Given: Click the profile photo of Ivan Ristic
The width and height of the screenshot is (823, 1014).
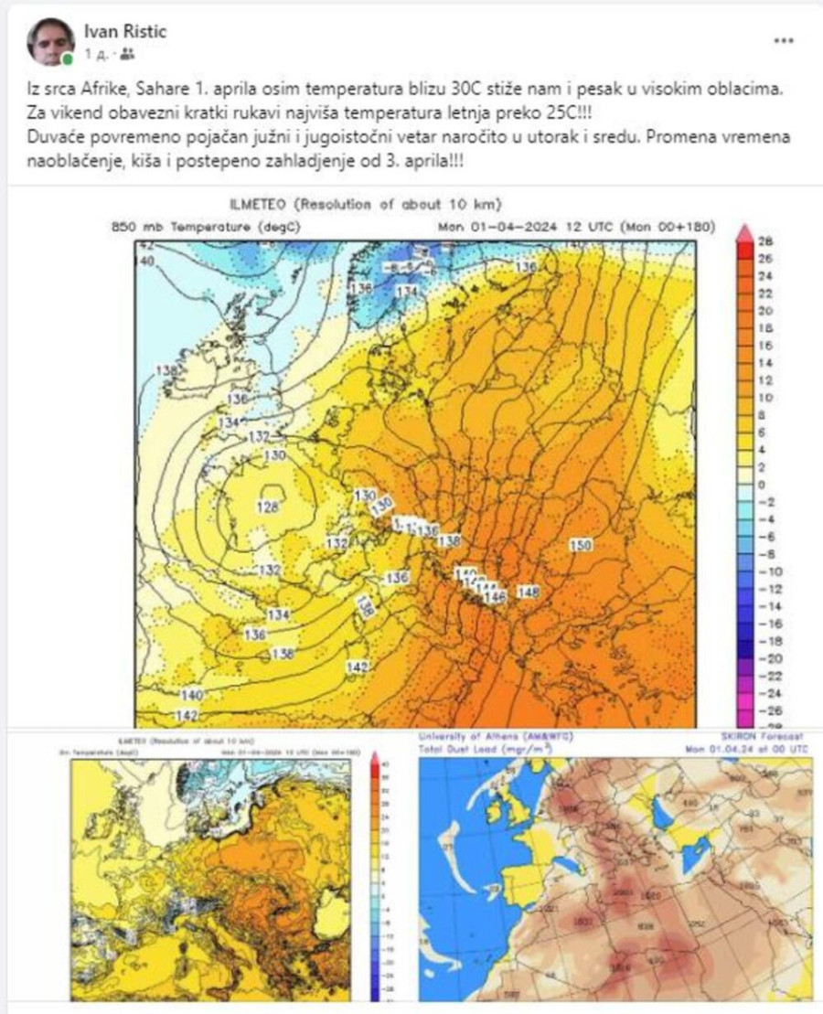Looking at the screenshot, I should tap(50, 42).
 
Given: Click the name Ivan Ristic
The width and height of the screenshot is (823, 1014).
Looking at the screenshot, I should tap(125, 32).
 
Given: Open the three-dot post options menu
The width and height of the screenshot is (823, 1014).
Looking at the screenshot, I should tap(785, 41).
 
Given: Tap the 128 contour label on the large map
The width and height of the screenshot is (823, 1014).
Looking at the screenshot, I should tap(268, 506).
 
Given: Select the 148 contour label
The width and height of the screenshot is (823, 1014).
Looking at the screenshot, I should tap(529, 592).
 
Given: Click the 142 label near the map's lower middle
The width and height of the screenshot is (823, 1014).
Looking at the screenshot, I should tap(358, 667).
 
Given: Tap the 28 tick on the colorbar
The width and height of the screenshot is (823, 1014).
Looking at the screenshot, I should tap(766, 241).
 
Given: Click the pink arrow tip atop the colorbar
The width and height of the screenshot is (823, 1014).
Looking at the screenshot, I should tap(744, 232).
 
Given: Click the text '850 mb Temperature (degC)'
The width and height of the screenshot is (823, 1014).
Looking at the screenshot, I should tap(205, 227).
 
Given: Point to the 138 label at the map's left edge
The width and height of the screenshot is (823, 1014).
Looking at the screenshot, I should tap(166, 370).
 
